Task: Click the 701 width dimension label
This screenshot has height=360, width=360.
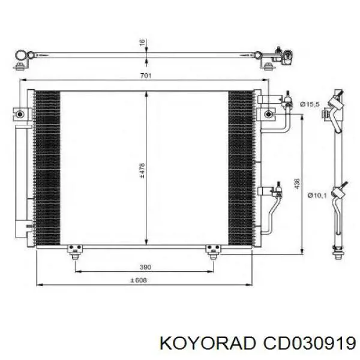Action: click(x=146, y=76)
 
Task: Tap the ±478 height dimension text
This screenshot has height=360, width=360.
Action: click(x=142, y=170)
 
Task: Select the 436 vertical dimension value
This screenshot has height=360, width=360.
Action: click(x=297, y=184)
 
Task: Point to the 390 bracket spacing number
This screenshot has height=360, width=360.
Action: click(x=146, y=267)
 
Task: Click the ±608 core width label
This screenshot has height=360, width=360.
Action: click(x=139, y=280)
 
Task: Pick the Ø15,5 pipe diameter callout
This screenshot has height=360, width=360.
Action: click(x=310, y=104)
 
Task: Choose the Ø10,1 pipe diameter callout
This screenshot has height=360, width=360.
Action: click(x=317, y=196)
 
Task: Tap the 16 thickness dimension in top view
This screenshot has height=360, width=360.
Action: click(x=142, y=42)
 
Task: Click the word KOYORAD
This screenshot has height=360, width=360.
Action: click(x=208, y=343)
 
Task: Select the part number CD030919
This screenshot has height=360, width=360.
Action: click(x=309, y=343)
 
